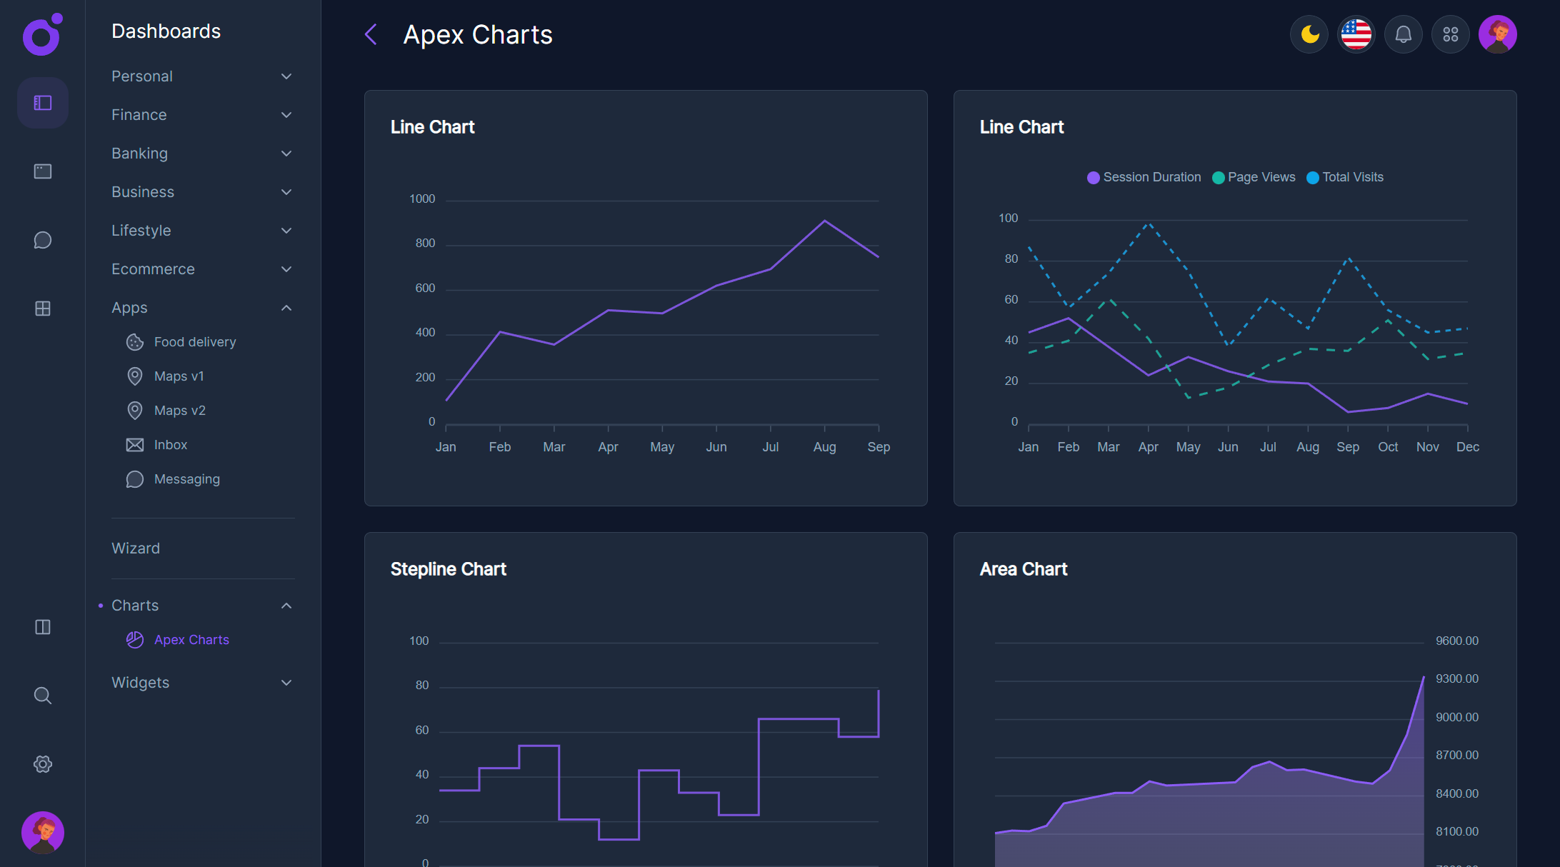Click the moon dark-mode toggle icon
[1309, 34]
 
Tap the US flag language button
[1356, 34]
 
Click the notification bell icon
[1404, 34]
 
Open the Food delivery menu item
[194, 342]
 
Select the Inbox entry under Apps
[170, 445]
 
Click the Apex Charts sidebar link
[191, 640]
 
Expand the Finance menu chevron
[286, 115]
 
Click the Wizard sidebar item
[136, 548]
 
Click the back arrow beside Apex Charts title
[371, 34]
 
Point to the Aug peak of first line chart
[824, 221]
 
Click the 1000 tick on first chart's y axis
[421, 199]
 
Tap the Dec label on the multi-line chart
[1467, 447]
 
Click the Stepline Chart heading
[448, 569]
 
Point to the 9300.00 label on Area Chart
[1456, 679]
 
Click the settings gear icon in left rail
[43, 764]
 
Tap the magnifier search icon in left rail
[43, 696]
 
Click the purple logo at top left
[42, 35]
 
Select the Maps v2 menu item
[179, 411]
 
